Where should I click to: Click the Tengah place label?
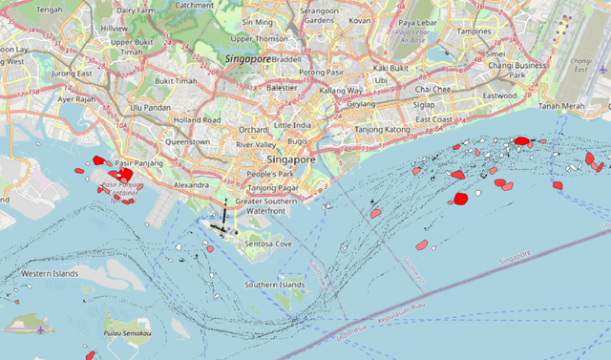(x=49, y=10)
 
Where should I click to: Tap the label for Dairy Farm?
(x=135, y=10)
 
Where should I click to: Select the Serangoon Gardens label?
(x=319, y=14)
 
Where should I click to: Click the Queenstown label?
(x=187, y=141)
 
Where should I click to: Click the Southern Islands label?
(x=273, y=285)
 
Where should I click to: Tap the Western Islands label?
(x=50, y=274)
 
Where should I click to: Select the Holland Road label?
(x=197, y=120)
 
